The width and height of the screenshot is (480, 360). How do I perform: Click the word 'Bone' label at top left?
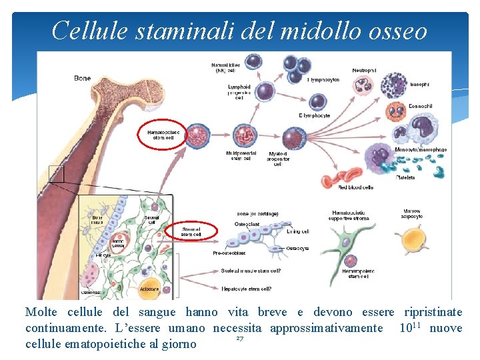point(83,78)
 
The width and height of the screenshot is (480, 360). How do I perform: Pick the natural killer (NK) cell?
point(254,62)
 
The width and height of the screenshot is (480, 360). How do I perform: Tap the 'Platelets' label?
point(405,177)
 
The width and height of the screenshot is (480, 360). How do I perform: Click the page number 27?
point(239,339)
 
